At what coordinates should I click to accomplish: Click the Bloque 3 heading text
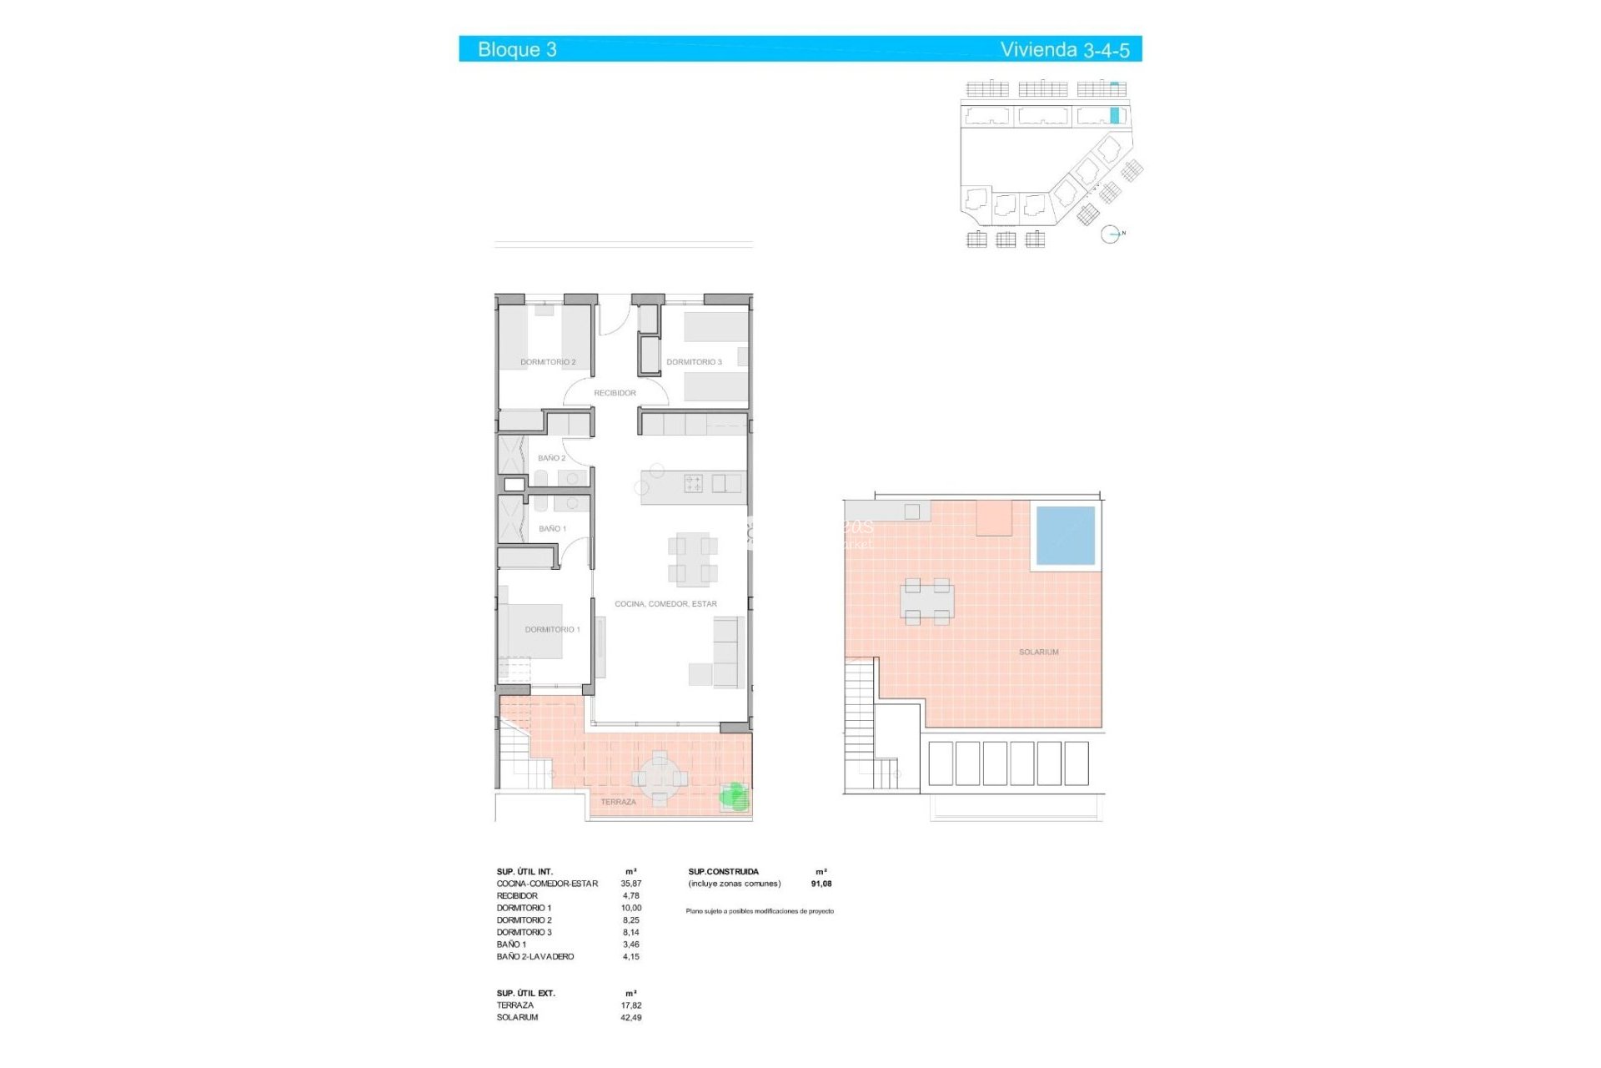coord(517,49)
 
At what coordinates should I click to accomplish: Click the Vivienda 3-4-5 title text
coord(1064,49)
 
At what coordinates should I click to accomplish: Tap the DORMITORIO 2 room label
coord(548,362)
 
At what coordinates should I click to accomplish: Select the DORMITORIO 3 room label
coord(694,362)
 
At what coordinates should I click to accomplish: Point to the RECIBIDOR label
coord(615,393)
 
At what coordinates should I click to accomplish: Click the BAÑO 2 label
coord(551,458)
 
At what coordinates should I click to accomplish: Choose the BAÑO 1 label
coord(552,529)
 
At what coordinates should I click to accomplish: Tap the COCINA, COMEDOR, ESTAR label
coord(665,604)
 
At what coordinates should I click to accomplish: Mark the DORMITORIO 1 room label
coord(552,630)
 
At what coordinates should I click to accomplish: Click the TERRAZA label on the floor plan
coord(618,802)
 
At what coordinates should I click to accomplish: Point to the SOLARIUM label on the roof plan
coord(1038,652)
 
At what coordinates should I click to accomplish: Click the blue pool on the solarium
coord(1065,536)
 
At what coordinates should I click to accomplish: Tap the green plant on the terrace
coord(734,797)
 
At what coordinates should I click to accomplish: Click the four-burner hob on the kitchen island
coord(693,483)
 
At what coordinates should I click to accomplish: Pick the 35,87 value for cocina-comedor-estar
coord(630,884)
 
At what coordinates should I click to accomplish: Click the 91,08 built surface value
coord(821,884)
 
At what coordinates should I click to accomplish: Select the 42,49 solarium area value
coord(630,1018)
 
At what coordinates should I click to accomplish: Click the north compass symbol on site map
coord(1110,234)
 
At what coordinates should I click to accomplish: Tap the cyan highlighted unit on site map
coord(1114,115)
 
